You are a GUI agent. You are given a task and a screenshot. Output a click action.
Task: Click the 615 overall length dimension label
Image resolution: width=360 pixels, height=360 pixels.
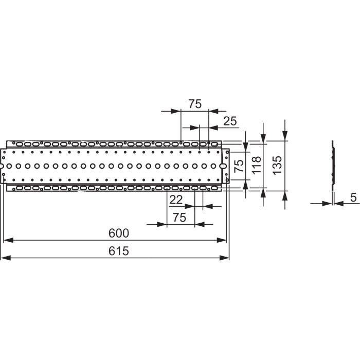pyautogui.click(x=118, y=251)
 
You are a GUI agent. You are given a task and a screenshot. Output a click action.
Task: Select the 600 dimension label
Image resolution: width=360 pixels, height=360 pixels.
pyautogui.click(x=119, y=233)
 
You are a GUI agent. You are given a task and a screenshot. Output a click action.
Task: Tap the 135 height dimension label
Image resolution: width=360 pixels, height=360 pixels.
pyautogui.click(x=277, y=165)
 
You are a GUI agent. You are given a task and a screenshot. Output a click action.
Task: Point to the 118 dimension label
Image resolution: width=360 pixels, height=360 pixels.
pyautogui.click(x=257, y=165)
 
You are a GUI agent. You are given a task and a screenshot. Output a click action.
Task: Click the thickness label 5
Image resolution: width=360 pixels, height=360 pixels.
pyautogui.click(x=354, y=197)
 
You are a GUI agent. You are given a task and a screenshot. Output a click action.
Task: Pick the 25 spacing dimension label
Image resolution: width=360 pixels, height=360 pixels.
pyautogui.click(x=230, y=121)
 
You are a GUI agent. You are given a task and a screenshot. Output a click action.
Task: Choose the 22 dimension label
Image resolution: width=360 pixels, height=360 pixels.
pyautogui.click(x=176, y=200)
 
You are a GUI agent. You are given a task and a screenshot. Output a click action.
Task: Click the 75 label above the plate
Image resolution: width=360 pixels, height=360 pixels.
pyautogui.click(x=195, y=104)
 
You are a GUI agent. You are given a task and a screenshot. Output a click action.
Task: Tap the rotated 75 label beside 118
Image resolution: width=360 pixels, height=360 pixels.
pyautogui.click(x=239, y=166)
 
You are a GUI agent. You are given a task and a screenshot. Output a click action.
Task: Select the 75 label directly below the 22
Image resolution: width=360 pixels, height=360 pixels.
pyautogui.click(x=179, y=217)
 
